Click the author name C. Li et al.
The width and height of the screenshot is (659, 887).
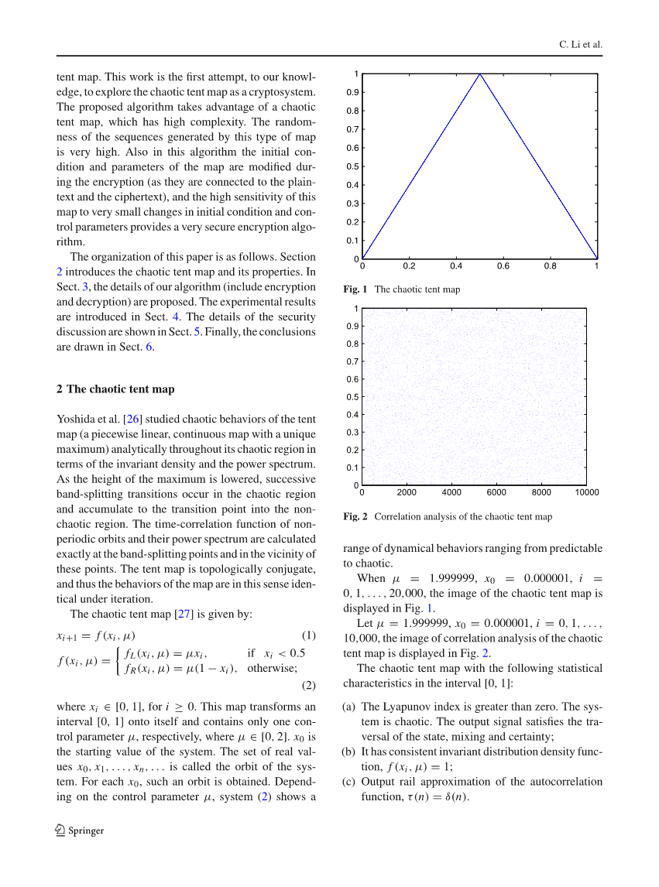[x=580, y=45]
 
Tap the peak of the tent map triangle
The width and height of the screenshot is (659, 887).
[x=480, y=74]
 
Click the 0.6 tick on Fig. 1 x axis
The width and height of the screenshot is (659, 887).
[x=503, y=266]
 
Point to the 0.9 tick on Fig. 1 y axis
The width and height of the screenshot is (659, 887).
[x=352, y=92]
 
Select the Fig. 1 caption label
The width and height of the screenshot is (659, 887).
[x=355, y=289]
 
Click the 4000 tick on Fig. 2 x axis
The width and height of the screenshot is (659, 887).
[x=451, y=492]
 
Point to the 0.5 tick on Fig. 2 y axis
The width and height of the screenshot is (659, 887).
[x=352, y=397]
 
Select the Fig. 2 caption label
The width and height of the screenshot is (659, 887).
[x=355, y=516]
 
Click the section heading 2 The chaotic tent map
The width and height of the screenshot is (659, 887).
[x=115, y=389]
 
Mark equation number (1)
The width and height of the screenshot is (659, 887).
[x=308, y=635]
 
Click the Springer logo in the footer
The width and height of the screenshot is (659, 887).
[x=62, y=830]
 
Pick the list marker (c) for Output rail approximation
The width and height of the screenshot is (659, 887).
[x=349, y=781]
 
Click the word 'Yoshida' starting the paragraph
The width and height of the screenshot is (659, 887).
[x=76, y=420]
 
